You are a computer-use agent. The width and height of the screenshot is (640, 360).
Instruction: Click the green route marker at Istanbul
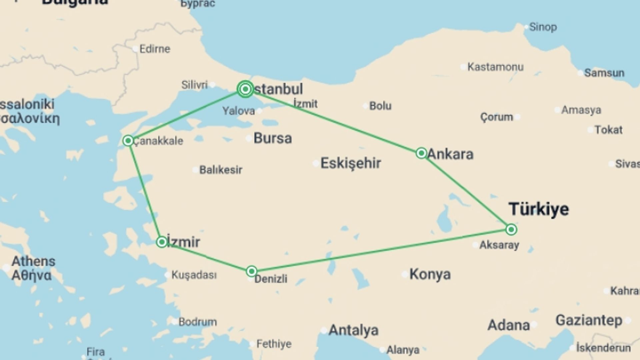pyautogui.click(x=245, y=89)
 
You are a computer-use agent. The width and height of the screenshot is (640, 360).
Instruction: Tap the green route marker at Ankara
pyautogui.click(x=421, y=153)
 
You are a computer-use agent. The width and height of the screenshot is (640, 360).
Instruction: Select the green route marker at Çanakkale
pyautogui.click(x=128, y=141)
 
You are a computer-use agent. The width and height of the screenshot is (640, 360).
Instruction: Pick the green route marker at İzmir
pyautogui.click(x=162, y=242)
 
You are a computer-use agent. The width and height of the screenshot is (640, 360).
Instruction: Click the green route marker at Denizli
pyautogui.click(x=252, y=271)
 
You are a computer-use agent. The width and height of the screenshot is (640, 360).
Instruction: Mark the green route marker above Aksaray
pyautogui.click(x=511, y=229)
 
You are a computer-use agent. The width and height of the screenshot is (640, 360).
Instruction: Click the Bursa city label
pyautogui.click(x=272, y=138)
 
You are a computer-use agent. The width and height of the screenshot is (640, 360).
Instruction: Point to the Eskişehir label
pyautogui.click(x=350, y=163)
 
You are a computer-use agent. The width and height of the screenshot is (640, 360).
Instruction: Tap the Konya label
pyautogui.click(x=430, y=274)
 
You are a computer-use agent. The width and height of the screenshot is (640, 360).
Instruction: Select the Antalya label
pyautogui.click(x=353, y=330)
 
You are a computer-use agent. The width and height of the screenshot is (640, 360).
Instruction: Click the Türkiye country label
pyautogui.click(x=539, y=209)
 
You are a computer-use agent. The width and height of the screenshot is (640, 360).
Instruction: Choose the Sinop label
pyautogui.click(x=543, y=27)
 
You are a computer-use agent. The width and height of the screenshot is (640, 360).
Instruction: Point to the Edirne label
pyautogui.click(x=155, y=49)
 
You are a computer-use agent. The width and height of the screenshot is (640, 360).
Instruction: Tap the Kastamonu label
pyautogui.click(x=495, y=67)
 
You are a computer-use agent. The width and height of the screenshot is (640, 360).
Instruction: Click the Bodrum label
pyautogui.click(x=197, y=322)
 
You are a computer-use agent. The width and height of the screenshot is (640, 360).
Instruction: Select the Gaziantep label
pyautogui.click(x=589, y=320)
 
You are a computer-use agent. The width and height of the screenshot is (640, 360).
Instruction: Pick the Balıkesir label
pyautogui.click(x=221, y=170)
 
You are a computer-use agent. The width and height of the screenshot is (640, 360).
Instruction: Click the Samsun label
pyautogui.click(x=604, y=73)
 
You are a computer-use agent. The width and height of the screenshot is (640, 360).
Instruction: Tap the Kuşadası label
pyautogui.click(x=194, y=275)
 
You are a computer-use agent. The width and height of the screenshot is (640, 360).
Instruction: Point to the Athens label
pyautogui.click(x=33, y=261)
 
